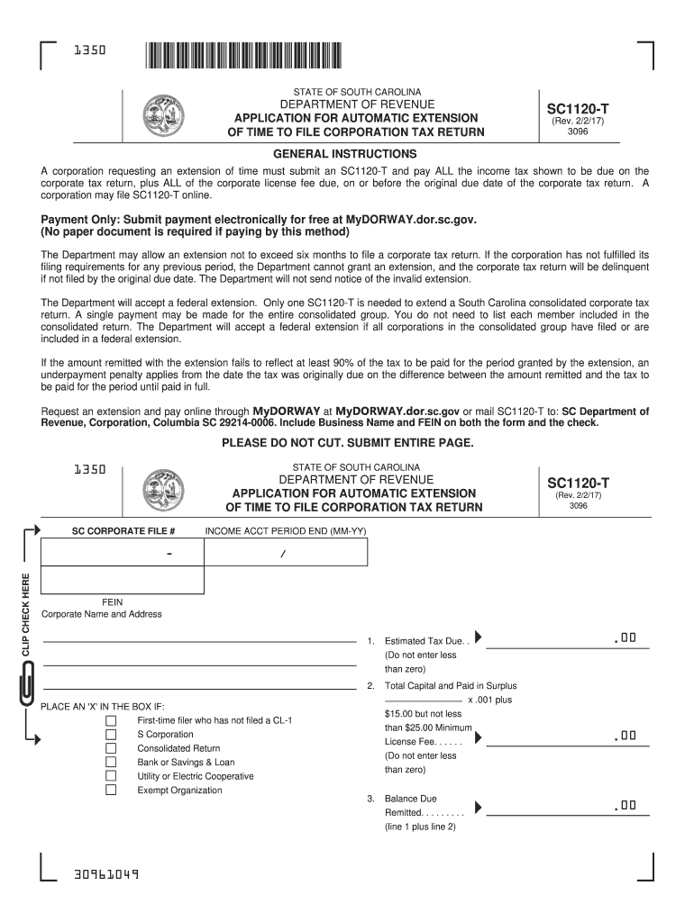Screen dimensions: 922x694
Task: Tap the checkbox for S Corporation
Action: pos(111,735)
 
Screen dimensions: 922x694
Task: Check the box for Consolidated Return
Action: pos(111,748)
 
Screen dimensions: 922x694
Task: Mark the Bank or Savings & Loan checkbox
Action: pos(111,762)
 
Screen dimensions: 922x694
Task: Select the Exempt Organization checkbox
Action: pos(111,790)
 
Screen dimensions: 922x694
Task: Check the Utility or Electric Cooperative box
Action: pos(111,776)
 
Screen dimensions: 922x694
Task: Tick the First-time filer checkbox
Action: pos(111,721)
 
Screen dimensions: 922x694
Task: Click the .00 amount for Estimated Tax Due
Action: pos(625,638)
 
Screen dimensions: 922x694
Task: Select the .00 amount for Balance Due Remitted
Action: pos(625,805)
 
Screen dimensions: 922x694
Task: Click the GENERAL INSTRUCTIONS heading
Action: pos(345,154)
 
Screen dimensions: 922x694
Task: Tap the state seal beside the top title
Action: pos(162,115)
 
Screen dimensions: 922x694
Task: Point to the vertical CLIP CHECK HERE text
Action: pos(27,611)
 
